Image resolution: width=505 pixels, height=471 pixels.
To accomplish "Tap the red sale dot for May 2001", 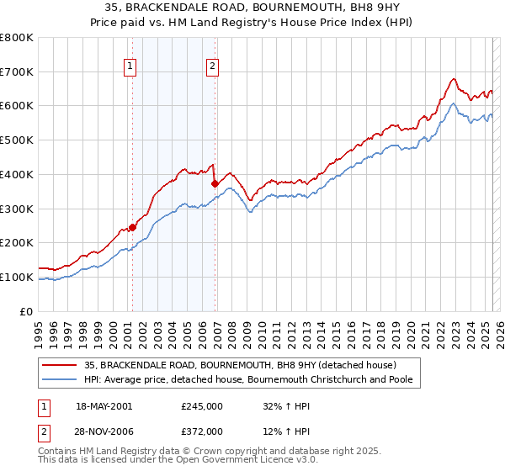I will coord(132,227).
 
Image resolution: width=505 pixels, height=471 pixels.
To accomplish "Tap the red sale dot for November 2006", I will coord(215,183).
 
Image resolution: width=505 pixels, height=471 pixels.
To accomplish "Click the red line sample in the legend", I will coord(60,365).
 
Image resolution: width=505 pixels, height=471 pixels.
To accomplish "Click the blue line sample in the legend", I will coord(60,380).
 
